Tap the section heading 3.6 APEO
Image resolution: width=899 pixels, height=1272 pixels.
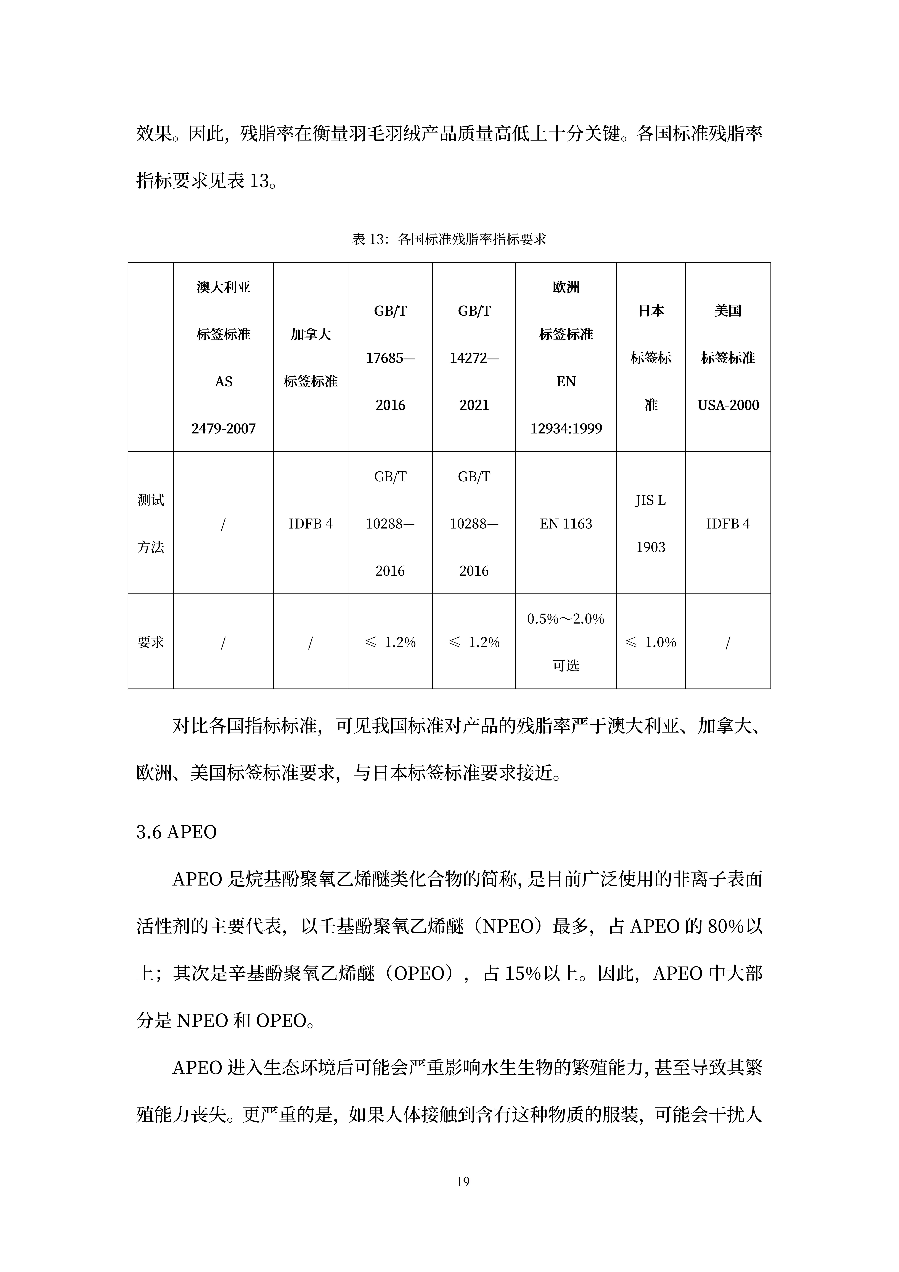click(176, 832)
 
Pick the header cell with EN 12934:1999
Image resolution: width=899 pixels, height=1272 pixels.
click(566, 357)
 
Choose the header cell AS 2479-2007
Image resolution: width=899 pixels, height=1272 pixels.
click(223, 357)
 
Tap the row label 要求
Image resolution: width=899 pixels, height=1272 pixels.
click(151, 642)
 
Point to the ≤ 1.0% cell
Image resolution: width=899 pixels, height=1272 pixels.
click(650, 642)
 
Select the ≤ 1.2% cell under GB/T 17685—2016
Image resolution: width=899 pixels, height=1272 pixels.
click(390, 642)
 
